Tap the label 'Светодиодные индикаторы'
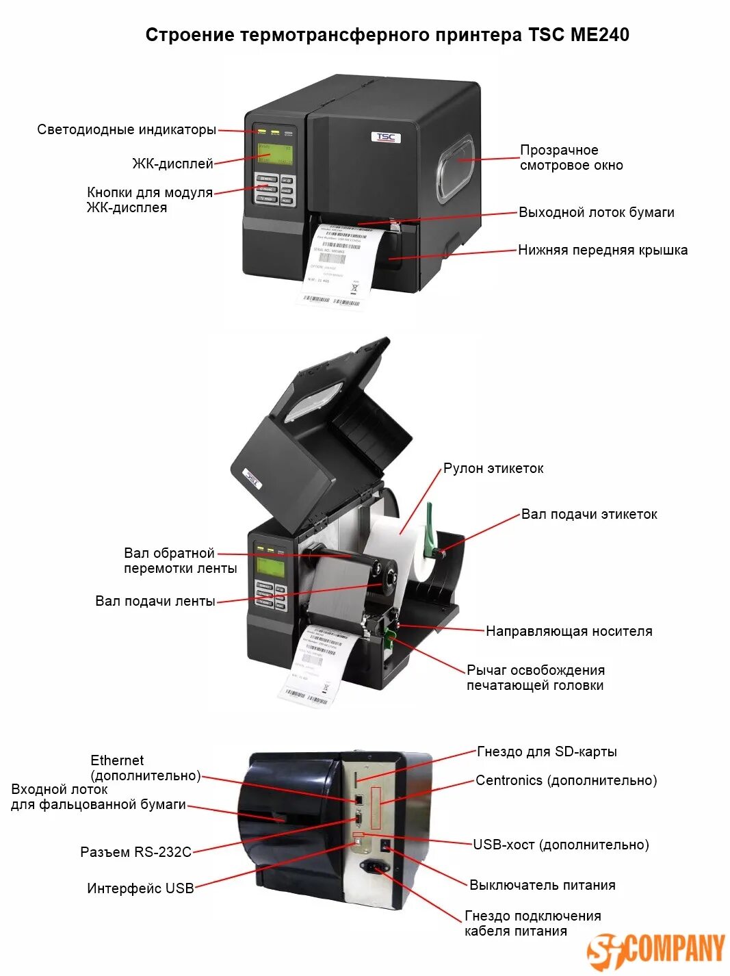pyautogui.click(x=127, y=129)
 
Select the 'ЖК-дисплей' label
pyautogui.click(x=172, y=164)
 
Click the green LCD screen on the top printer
pyautogui.click(x=274, y=155)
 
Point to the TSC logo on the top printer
pyautogui.click(x=386, y=137)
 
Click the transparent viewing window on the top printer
pyautogui.click(x=454, y=168)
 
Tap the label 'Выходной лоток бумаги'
pyautogui.click(x=596, y=212)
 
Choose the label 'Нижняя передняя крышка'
pyautogui.click(x=602, y=250)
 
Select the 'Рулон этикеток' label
pyautogui.click(x=493, y=468)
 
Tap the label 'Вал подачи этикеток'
pyautogui.click(x=589, y=514)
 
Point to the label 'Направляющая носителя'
pyautogui.click(x=569, y=631)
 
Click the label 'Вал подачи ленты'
pyautogui.click(x=155, y=601)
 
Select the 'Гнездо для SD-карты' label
pyautogui.click(x=547, y=752)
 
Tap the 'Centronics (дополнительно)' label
pyautogui.click(x=566, y=780)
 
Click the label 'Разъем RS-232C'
pyautogui.click(x=135, y=852)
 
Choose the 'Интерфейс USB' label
pyautogui.click(x=140, y=888)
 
